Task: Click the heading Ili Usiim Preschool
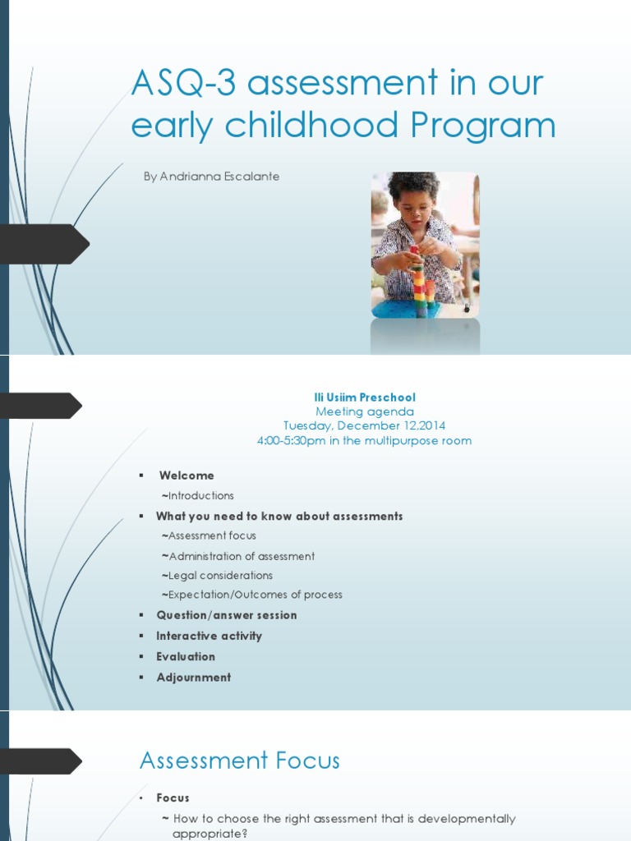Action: (365, 398)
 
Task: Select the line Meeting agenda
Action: (365, 412)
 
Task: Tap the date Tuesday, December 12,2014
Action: (364, 426)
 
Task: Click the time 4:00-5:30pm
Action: (292, 441)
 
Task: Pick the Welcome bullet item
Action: (187, 476)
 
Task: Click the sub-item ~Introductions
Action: (197, 495)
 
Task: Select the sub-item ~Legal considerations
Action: (217, 576)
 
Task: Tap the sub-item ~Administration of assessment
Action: (237, 556)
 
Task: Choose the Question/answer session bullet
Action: (227, 615)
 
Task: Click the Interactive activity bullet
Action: (210, 636)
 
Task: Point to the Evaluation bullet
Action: (186, 656)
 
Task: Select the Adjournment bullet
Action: (194, 678)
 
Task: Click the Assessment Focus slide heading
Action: (239, 761)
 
